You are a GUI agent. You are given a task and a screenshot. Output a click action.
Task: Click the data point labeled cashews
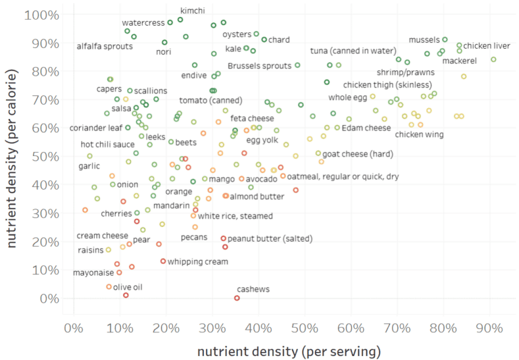coord(237,298)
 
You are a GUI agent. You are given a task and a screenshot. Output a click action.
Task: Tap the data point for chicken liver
coord(460,46)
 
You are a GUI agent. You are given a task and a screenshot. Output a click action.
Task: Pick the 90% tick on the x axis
coord(489,329)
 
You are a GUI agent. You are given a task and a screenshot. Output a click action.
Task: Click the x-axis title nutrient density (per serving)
coord(289,351)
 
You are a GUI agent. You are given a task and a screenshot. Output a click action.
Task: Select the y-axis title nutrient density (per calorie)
coord(12,156)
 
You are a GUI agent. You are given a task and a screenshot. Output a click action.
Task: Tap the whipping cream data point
coord(163,261)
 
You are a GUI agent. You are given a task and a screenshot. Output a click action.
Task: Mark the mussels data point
coord(445,39)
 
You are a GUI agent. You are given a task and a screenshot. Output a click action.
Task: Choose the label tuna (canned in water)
coord(353,51)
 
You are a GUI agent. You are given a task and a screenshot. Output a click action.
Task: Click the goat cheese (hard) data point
coord(318,153)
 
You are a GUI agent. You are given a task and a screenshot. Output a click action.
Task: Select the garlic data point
coord(89,156)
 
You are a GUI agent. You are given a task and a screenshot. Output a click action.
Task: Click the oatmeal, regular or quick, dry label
coord(343,176)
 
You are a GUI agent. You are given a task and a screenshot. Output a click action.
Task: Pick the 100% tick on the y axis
coord(42,14)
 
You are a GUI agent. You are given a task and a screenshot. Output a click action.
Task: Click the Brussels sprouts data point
coord(297,66)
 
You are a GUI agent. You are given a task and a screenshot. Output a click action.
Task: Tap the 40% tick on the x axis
coord(258,329)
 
